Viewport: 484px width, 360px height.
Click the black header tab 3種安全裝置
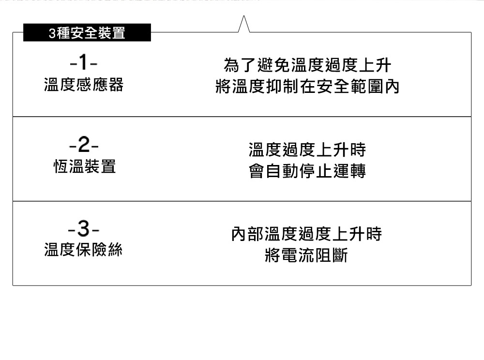[87, 33]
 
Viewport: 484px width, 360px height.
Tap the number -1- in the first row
[84, 63]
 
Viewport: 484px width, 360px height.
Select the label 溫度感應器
[84, 85]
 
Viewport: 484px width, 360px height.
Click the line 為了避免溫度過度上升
[307, 64]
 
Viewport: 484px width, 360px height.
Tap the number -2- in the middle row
[84, 145]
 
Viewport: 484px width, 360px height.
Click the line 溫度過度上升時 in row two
[307, 150]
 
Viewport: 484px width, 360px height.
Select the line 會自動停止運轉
[307, 171]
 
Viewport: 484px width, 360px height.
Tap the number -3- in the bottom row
[84, 228]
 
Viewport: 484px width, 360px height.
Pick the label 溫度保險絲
[84, 250]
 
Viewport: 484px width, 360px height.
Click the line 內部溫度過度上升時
[307, 234]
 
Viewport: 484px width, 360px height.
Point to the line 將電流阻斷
[307, 255]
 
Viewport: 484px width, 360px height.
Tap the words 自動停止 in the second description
[299, 171]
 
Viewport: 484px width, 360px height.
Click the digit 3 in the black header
[52, 33]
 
